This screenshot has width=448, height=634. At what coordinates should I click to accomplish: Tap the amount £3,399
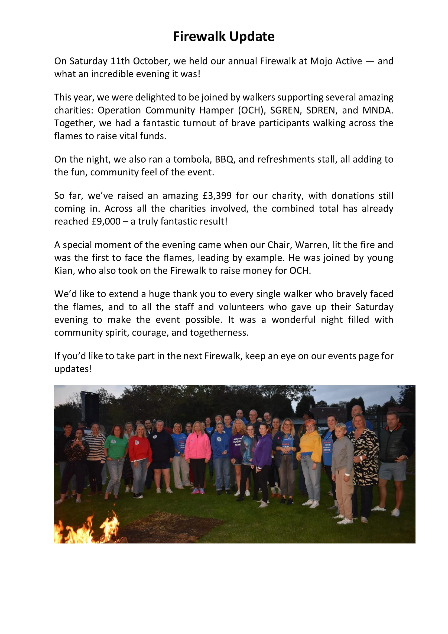point(217,196)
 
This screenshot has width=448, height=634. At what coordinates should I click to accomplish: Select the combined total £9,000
point(106,221)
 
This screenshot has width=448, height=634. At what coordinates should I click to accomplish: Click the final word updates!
point(73,369)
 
